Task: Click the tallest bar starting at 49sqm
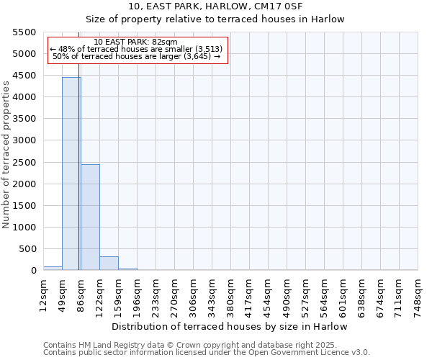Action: tap(71, 174)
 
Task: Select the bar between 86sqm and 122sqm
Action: tap(90, 217)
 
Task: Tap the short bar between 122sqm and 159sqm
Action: tap(109, 263)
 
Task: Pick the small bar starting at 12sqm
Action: tap(53, 268)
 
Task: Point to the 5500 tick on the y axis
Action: tap(24, 32)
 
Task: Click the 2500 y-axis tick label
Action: tap(24, 162)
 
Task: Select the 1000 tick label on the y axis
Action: tap(24, 228)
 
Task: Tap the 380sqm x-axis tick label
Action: tap(231, 296)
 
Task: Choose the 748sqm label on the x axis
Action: tap(418, 296)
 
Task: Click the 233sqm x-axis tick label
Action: tap(156, 296)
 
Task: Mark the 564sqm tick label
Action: tap(325, 296)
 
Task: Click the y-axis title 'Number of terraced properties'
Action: tap(6, 155)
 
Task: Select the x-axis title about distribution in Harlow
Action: tap(230, 326)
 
